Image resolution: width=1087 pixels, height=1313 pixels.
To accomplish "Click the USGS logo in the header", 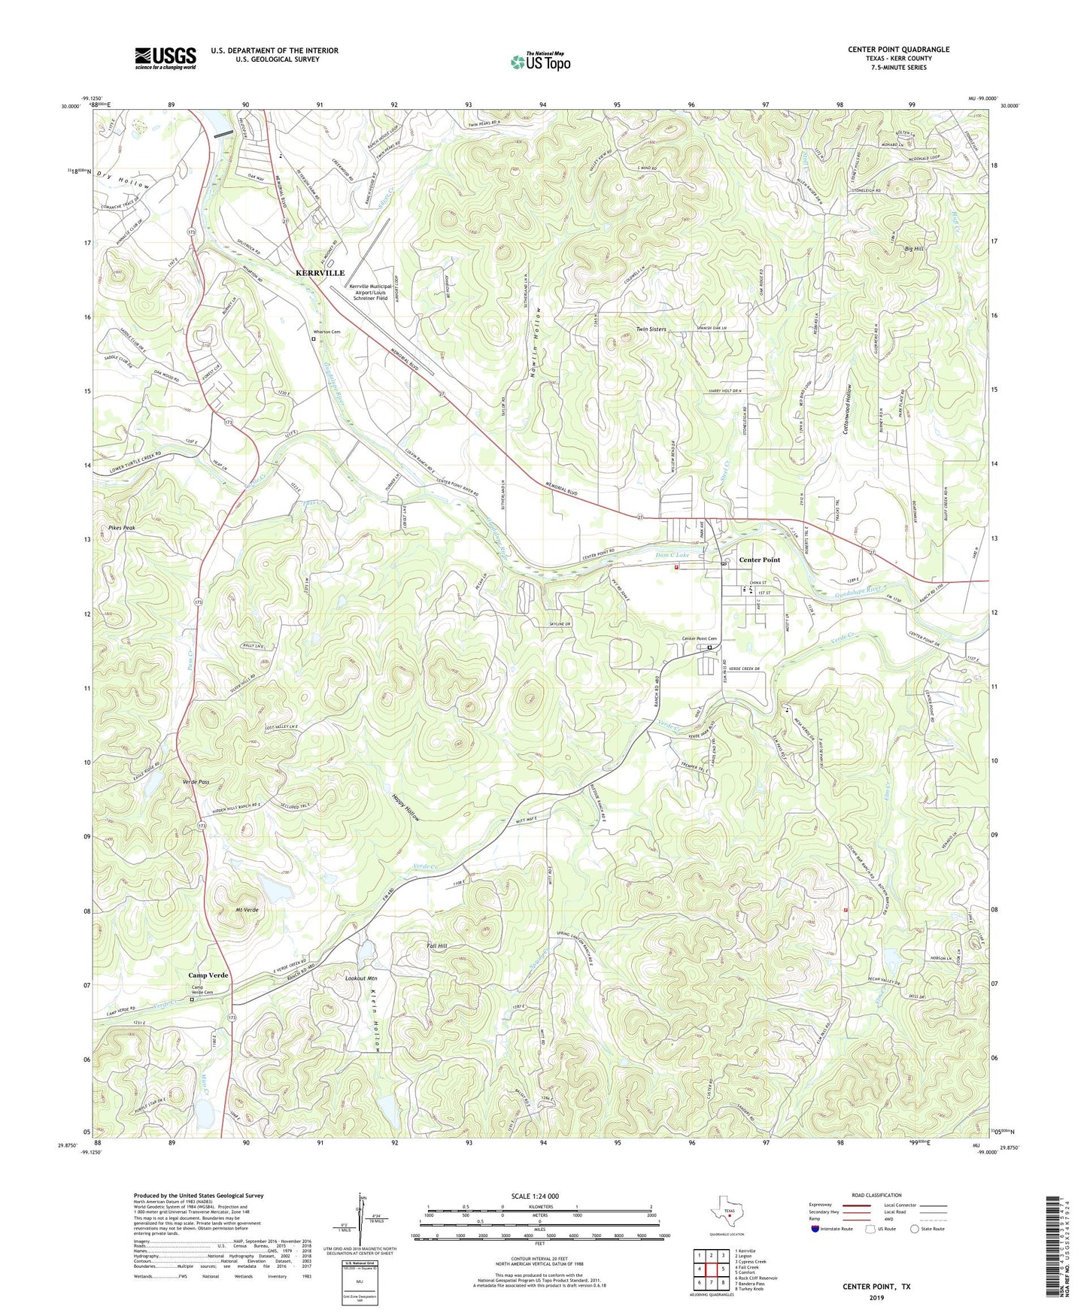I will click(x=165, y=57).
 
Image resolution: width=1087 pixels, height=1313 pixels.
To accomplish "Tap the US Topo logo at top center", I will click(x=540, y=61).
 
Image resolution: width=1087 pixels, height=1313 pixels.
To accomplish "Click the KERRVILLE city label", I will click(x=320, y=273).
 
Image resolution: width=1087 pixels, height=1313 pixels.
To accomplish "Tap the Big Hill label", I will click(x=914, y=248).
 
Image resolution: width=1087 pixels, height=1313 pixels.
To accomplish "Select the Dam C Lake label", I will click(x=672, y=555).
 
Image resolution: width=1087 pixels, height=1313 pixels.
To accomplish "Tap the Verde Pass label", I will click(x=196, y=782).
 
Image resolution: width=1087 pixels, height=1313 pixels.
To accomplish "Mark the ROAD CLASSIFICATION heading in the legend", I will click(x=876, y=1195).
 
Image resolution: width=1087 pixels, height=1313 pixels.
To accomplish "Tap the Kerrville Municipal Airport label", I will click(x=369, y=292).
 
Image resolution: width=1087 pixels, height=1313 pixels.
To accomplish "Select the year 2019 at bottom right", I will click(x=876, y=1298).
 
